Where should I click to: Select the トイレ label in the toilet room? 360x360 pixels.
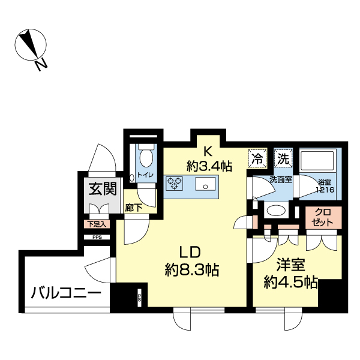click(145, 175)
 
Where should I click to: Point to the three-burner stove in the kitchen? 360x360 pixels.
click(174, 182)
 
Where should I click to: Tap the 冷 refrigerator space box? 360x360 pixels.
click(257, 159)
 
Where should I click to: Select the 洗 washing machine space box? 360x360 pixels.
click(282, 159)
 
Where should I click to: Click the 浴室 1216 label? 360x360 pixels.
click(325, 186)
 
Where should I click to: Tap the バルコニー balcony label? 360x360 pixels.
click(66, 294)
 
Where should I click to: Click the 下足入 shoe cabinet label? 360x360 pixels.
click(95, 225)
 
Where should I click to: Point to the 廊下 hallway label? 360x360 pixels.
click(134, 209)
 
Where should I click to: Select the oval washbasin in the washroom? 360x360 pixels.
click(276, 211)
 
